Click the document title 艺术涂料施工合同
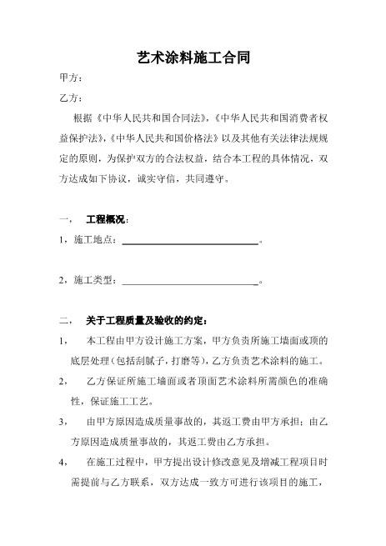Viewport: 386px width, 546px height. (193, 58)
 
